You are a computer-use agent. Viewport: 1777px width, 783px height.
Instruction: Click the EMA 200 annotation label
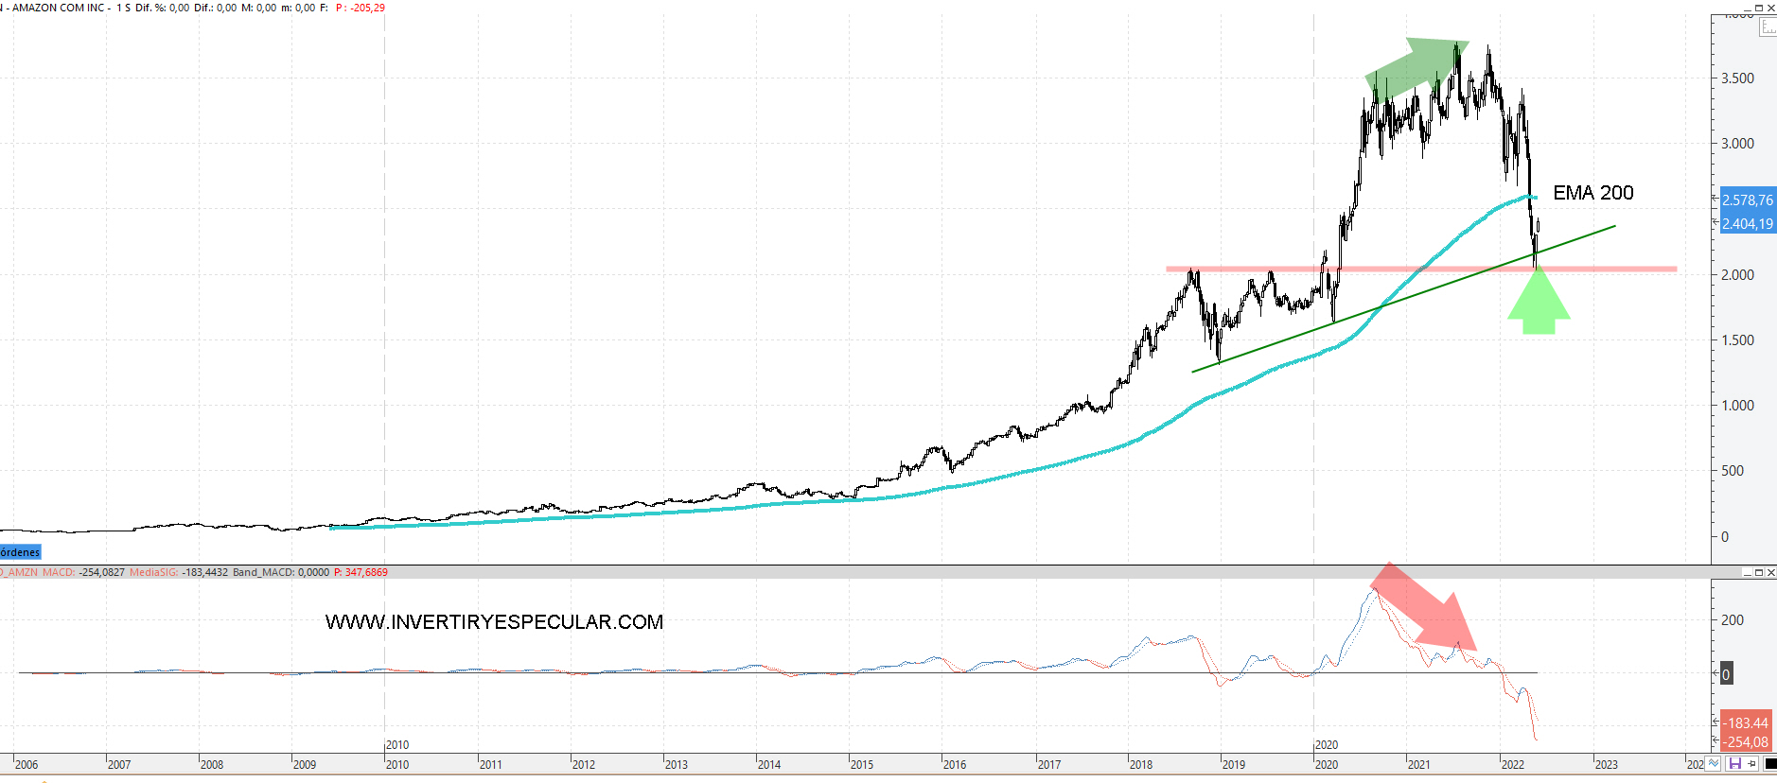point(1592,193)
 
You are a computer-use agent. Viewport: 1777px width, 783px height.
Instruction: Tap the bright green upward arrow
point(1539,302)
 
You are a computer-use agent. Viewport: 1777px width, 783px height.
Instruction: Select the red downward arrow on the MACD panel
point(1425,609)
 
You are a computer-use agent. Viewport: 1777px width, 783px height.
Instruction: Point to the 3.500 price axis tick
point(1737,78)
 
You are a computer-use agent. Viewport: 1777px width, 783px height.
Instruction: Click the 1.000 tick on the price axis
point(1737,406)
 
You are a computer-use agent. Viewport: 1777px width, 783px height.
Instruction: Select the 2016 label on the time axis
point(954,764)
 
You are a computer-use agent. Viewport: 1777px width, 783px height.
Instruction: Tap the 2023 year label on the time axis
point(1606,764)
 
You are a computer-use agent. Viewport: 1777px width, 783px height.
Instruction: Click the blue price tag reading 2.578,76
point(1747,200)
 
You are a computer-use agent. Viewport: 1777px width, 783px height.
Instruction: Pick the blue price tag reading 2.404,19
point(1747,224)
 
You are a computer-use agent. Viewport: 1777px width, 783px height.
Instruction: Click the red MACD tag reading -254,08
point(1746,742)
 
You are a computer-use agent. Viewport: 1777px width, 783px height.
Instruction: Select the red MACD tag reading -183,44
point(1746,723)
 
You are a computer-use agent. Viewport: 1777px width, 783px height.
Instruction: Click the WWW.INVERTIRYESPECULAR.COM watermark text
point(494,622)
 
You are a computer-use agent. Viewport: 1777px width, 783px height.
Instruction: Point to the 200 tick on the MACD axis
point(1733,620)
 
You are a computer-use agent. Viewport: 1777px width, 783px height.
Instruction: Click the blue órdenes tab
point(20,552)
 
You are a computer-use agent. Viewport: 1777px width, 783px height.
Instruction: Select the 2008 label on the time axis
point(211,764)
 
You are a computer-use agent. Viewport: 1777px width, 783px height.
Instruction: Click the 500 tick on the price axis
point(1733,471)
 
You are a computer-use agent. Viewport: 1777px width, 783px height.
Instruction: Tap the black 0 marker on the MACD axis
point(1726,674)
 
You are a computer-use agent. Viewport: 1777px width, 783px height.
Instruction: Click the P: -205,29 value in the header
point(361,8)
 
